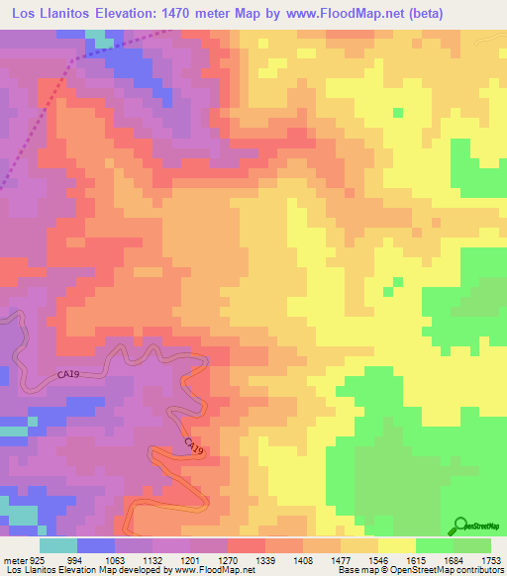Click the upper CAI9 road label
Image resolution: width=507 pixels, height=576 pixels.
click(56, 375)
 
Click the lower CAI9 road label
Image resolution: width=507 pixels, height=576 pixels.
click(194, 448)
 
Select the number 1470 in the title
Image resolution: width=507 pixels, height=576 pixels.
click(179, 13)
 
